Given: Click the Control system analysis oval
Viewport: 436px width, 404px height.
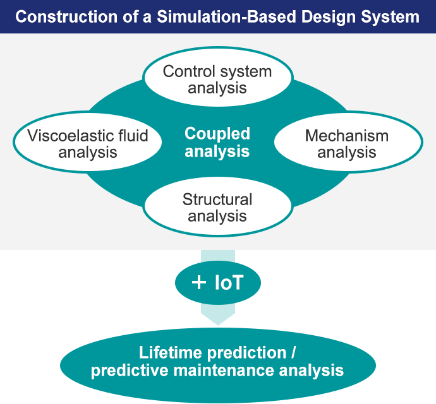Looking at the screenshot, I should point(217,79).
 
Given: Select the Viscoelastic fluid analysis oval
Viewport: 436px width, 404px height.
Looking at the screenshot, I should point(88,143).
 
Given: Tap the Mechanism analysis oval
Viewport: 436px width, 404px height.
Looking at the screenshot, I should point(347,143).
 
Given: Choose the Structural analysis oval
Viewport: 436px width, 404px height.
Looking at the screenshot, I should point(217,208).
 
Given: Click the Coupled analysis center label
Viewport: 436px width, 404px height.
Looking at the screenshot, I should point(217,142).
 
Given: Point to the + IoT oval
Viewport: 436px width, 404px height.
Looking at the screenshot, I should point(217,282).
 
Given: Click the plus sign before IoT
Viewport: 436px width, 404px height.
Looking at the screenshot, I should point(198,282).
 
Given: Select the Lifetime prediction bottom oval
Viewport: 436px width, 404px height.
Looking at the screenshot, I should point(217,361).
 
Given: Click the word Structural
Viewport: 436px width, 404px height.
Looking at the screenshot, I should point(217,199).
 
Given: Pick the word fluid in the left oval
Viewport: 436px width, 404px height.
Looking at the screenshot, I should point(133,135).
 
